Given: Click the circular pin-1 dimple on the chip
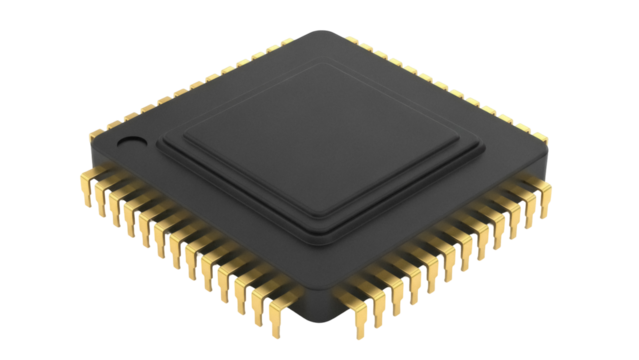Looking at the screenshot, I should (132, 143).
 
